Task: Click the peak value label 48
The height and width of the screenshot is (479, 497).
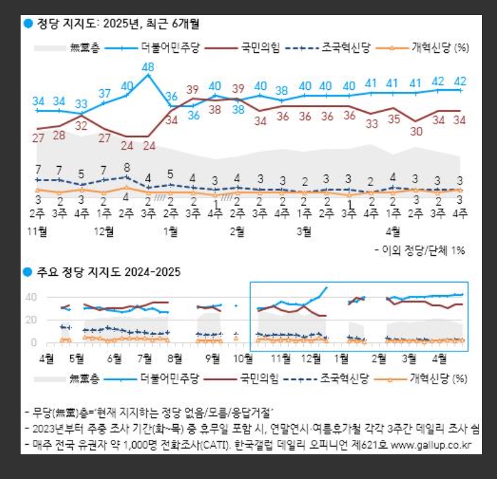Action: [x=148, y=67]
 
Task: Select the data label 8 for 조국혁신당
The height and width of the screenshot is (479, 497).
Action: [x=126, y=167]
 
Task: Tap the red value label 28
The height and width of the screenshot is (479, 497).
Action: [x=60, y=135]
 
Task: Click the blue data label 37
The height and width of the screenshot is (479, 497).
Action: [x=104, y=93]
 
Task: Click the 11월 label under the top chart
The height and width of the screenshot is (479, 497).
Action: [x=38, y=231]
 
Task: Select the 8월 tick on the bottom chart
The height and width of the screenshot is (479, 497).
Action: [x=174, y=358]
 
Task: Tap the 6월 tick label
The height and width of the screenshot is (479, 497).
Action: [x=114, y=358]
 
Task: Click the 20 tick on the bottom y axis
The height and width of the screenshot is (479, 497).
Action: [x=32, y=320]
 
